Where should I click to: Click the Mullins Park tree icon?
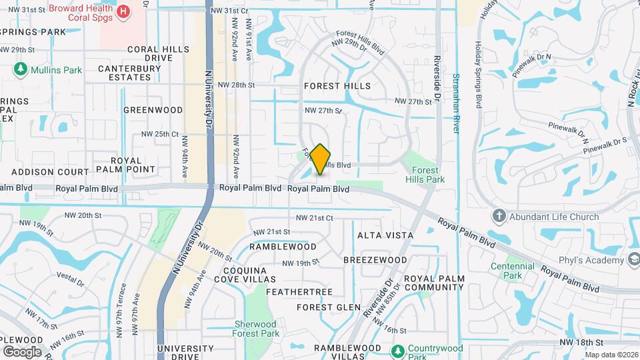[x=21, y=69]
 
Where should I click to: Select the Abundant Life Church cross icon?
[x=498, y=216]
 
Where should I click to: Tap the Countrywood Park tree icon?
[x=398, y=351]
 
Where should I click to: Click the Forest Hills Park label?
[x=425, y=175]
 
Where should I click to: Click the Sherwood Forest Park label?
[x=256, y=329]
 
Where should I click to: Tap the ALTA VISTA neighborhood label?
[x=385, y=235]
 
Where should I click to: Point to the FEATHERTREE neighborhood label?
[x=299, y=292]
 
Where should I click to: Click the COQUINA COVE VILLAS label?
[x=244, y=275]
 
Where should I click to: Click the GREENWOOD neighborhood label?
[x=153, y=110]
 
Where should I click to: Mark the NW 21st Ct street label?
[x=314, y=218]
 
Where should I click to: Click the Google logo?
[x=22, y=351]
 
